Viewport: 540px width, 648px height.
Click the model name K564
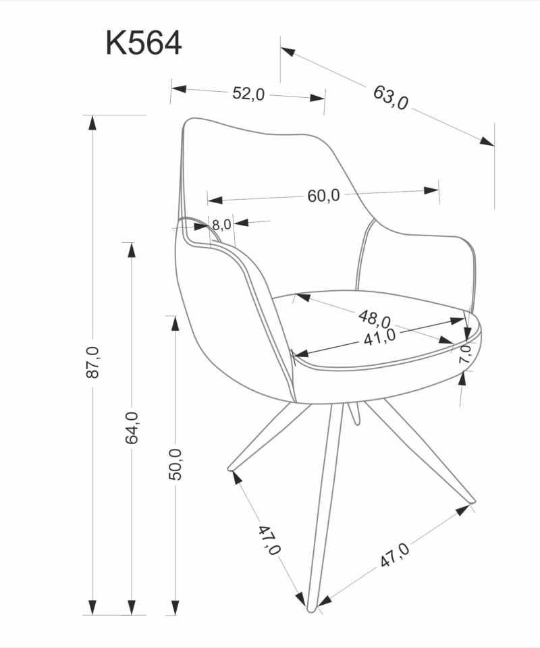point(143,43)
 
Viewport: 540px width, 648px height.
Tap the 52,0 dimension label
point(248,94)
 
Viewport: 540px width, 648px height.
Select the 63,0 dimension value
point(391,98)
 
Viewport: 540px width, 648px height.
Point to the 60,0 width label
point(323,196)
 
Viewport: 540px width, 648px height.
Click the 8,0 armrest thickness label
point(221,225)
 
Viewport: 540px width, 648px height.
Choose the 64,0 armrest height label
point(132,427)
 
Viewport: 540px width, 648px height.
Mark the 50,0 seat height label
point(175,464)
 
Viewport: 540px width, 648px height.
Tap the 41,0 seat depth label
point(379,337)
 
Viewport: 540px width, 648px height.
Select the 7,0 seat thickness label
point(464,354)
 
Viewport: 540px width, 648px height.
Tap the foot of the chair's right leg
point(472,502)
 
